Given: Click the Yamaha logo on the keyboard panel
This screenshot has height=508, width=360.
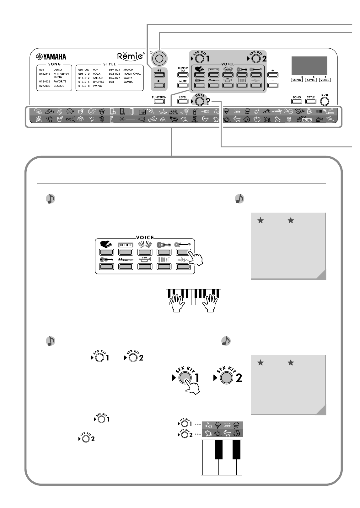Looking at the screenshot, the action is coord(51,57).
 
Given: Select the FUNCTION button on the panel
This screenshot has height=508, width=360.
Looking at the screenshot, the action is coord(159,101).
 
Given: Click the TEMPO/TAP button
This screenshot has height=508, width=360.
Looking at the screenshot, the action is coord(183,75).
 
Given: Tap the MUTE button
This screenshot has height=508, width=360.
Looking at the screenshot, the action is coord(183,86).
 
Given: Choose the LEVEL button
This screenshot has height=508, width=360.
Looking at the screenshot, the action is coord(183,101).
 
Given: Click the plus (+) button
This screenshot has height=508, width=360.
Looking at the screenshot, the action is coord(273,75).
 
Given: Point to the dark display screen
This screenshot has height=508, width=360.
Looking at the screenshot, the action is coord(309,66).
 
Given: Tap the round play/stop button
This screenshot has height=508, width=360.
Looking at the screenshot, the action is coord(325,101).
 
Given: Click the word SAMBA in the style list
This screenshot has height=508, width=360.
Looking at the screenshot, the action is coord(128,82).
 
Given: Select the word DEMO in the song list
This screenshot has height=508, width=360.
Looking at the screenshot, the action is coord(58,70).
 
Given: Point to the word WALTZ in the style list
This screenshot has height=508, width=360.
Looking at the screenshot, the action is coord(128,78).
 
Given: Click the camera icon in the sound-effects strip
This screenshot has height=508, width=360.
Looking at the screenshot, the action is coord(142,112).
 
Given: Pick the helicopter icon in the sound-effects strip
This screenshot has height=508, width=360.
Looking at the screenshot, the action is coord(320,119).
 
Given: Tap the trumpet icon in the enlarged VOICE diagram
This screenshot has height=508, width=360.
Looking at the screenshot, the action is coord(145,259).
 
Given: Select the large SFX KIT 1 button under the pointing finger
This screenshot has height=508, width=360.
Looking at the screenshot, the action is coord(185,378).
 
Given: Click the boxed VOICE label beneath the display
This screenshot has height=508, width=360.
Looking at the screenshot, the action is coord(325,80).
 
